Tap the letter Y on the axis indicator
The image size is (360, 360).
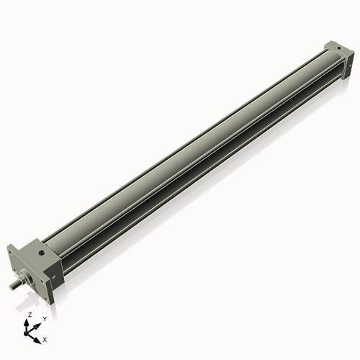(x=44, y=318)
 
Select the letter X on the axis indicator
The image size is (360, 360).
(x=45, y=338)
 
